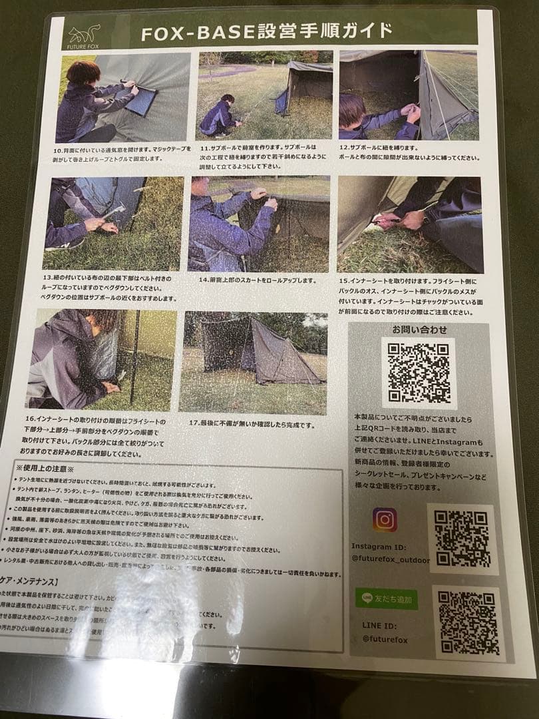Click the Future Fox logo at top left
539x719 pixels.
click(83, 34)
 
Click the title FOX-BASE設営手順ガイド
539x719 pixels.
click(267, 32)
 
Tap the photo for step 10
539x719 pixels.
click(123, 99)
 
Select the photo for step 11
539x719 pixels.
click(264, 95)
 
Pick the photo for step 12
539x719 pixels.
click(408, 95)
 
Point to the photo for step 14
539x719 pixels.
click(259, 224)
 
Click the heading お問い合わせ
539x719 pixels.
click(419, 330)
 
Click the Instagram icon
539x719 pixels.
click(385, 519)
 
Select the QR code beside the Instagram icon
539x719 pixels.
click(462, 539)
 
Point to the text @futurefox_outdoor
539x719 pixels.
click(391, 560)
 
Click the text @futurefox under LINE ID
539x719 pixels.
click(385, 640)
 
